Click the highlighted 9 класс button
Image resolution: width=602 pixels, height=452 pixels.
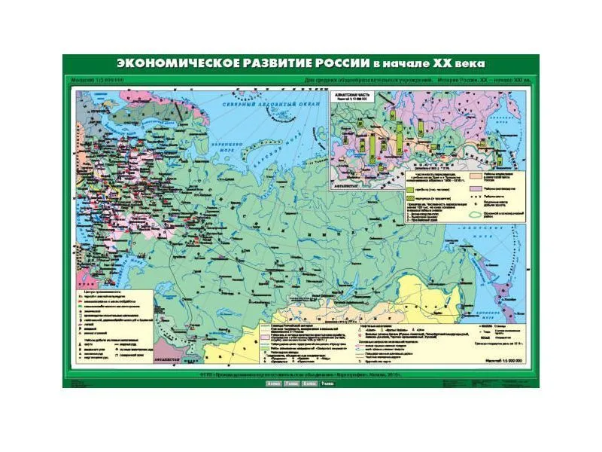pyautogui.click(x=327, y=384)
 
